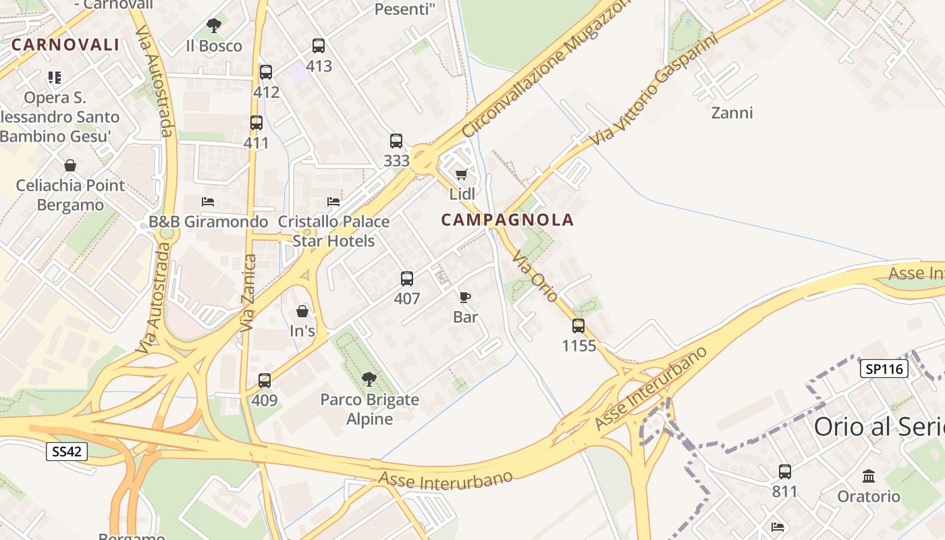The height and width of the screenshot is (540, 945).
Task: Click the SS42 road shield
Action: pos(67,452)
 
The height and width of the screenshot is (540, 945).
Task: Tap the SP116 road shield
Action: pos(884,369)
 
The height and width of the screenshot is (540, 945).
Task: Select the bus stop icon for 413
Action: pos(319,46)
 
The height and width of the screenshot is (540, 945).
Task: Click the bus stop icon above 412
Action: pos(266,72)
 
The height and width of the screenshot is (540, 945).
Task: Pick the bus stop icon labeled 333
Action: pos(396,141)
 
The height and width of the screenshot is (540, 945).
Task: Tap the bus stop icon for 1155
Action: pos(578,326)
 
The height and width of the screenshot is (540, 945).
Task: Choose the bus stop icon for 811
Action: pos(784,471)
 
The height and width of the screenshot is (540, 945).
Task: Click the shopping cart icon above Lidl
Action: pos(462,175)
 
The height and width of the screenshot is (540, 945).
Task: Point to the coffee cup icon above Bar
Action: pos(464,297)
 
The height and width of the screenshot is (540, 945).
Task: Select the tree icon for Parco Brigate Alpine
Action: pos(369,379)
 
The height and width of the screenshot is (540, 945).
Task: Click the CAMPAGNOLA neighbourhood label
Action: pos(507,219)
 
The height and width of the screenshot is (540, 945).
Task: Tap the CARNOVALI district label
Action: pos(65,45)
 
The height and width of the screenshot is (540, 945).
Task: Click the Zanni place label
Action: pos(732,113)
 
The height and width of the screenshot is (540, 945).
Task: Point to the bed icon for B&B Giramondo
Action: pos(208,202)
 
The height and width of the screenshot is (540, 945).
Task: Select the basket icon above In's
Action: pos(302,311)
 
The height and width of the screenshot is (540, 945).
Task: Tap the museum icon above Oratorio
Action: pos(869,476)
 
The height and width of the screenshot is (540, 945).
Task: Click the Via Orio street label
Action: pos(535,276)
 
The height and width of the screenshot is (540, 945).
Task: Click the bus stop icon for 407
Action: pos(406,279)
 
